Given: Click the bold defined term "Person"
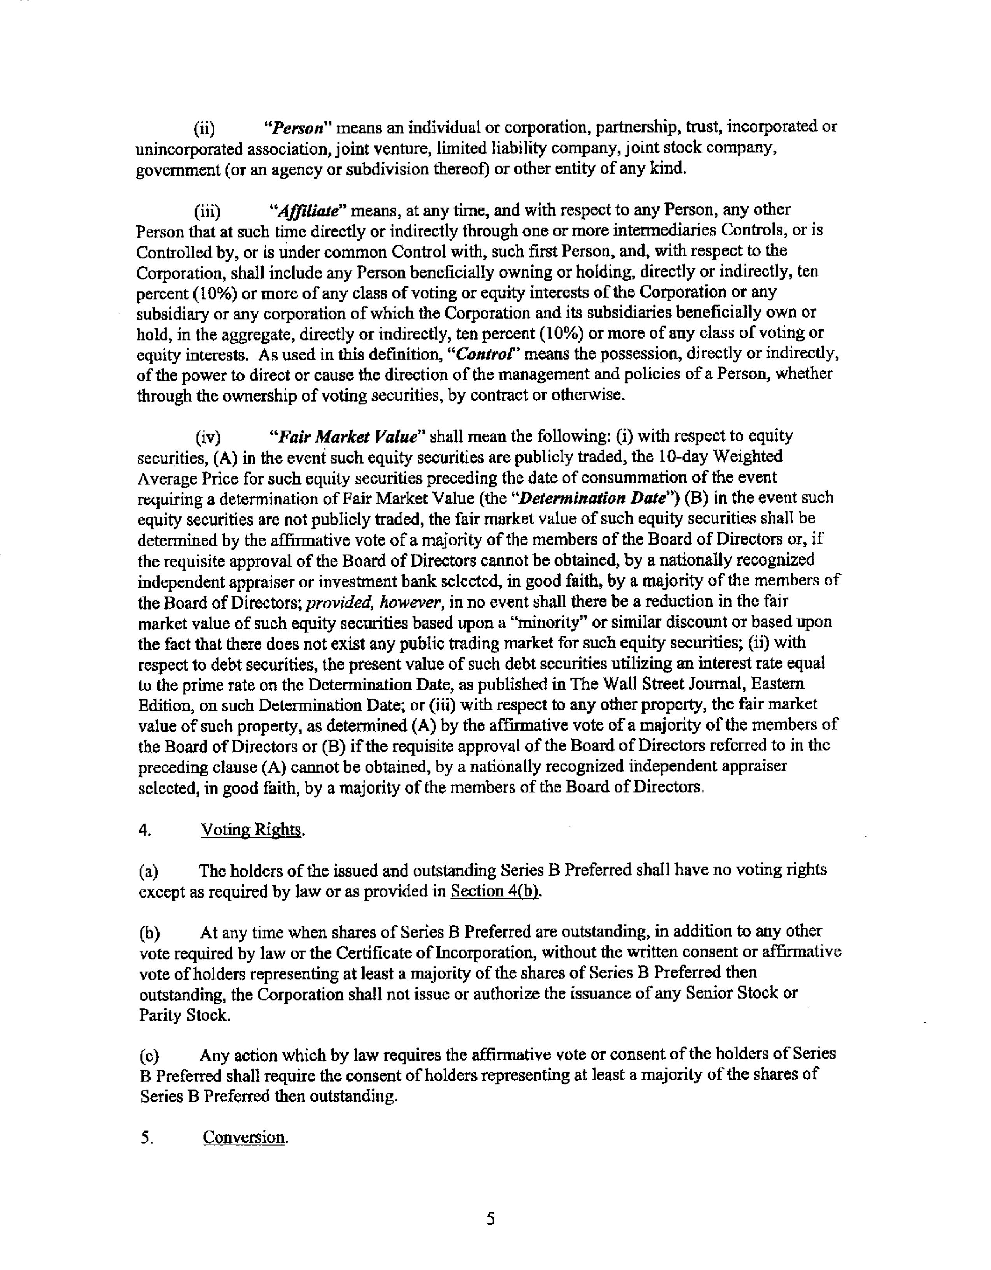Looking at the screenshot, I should (298, 127).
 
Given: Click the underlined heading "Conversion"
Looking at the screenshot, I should (244, 1137).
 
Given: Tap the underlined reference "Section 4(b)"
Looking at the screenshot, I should (495, 891).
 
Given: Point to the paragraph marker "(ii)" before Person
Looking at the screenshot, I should (204, 128).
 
